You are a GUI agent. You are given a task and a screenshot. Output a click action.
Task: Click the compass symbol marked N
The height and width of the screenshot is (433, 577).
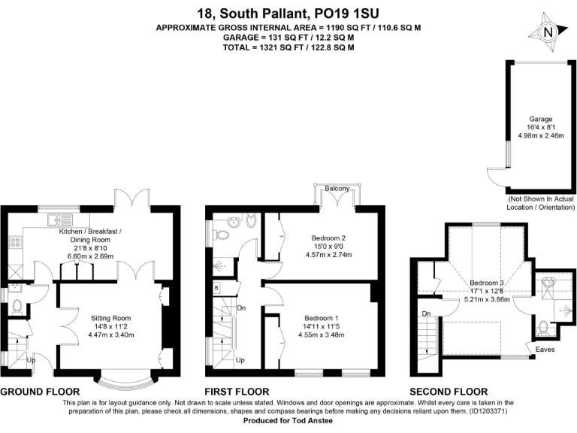tap(548, 32)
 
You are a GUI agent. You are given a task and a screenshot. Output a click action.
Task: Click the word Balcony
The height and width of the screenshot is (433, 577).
tap(336, 188)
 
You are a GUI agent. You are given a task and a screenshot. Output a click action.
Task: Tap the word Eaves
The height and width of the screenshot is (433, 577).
tap(545, 348)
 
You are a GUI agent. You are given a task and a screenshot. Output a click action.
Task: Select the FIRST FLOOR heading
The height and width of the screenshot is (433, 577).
tap(237, 392)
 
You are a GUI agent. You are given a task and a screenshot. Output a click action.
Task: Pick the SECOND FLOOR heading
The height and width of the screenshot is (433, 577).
tap(449, 392)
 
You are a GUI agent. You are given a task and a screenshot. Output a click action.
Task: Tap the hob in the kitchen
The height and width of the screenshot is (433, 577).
tap(14, 243)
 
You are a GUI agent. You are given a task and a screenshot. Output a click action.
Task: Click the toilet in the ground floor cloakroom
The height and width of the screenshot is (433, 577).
tap(17, 306)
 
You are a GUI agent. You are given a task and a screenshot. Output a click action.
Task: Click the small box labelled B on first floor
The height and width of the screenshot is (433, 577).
tap(216, 288)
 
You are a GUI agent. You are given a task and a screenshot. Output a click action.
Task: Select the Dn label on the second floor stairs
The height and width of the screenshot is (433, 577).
tap(426, 313)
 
